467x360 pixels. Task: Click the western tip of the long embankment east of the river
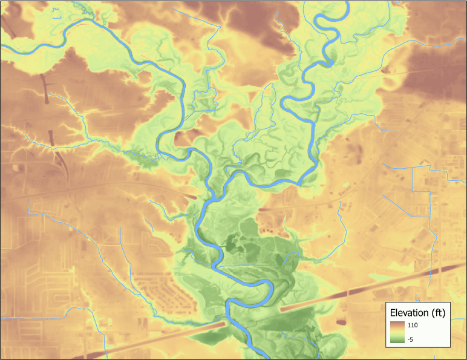coord(282,309)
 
